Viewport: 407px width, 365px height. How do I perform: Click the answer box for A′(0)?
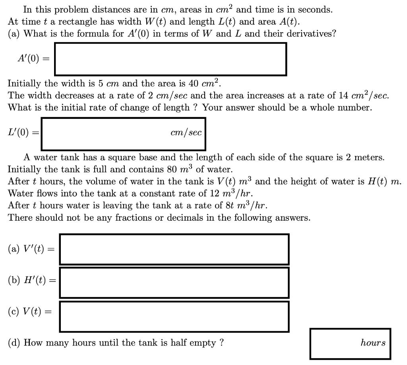coord(170,59)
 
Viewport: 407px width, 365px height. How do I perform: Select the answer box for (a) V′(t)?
coord(174,249)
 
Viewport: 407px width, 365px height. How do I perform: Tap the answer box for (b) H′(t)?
coord(174,282)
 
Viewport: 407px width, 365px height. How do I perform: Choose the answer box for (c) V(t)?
coord(174,316)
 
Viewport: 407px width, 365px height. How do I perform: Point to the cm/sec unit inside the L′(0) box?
coord(186,133)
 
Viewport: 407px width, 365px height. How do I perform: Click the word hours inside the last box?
coord(373,343)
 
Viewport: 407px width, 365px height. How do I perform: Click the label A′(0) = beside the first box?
coord(33,59)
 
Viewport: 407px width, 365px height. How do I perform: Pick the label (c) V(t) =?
coord(30,311)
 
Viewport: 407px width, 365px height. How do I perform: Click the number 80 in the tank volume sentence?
coord(172,169)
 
